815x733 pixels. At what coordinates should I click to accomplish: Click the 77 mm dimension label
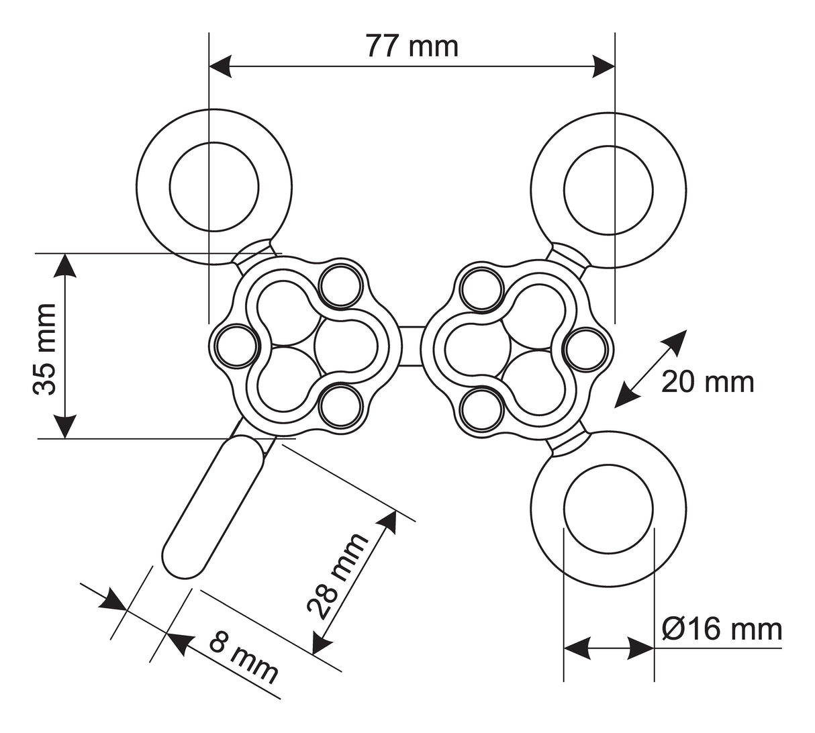[x=412, y=46]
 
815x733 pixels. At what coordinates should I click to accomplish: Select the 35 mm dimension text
[x=46, y=348]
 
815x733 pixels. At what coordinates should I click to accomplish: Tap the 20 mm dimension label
[x=707, y=382]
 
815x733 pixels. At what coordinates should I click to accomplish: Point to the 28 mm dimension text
[x=337, y=575]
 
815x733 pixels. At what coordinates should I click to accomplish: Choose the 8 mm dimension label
[x=243, y=657]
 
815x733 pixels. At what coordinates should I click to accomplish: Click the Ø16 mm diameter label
[x=722, y=630]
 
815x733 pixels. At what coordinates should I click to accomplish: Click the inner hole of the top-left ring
[x=214, y=187]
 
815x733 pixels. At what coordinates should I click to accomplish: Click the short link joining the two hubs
[x=412, y=346]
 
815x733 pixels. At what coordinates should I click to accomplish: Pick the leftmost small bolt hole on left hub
[x=235, y=346]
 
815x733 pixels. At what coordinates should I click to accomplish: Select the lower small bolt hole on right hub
[x=481, y=407]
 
